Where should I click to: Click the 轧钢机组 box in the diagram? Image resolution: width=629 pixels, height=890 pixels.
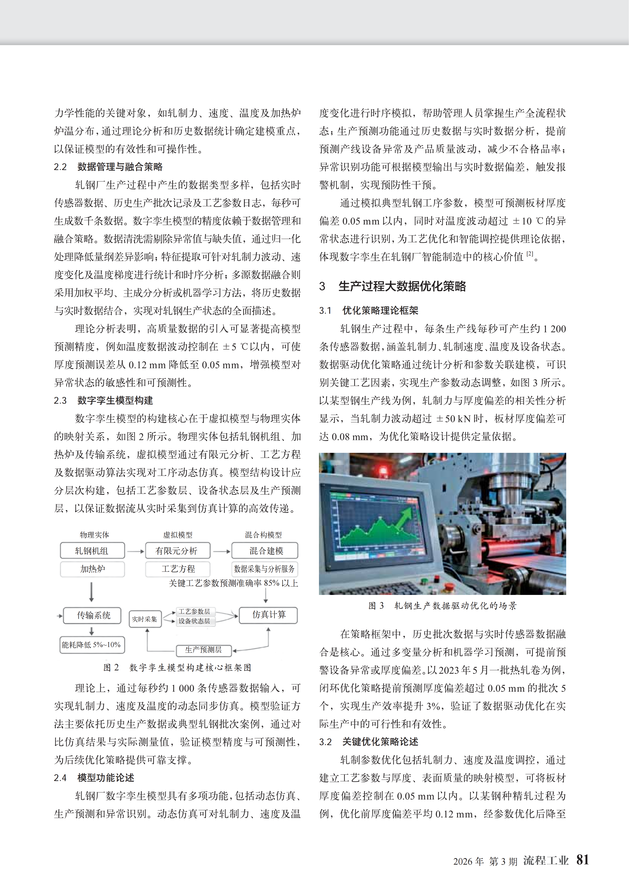tap(92, 551)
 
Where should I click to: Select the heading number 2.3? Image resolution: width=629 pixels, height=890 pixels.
tap(60, 401)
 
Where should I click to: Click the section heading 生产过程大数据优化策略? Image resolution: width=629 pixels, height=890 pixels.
tap(402, 286)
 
